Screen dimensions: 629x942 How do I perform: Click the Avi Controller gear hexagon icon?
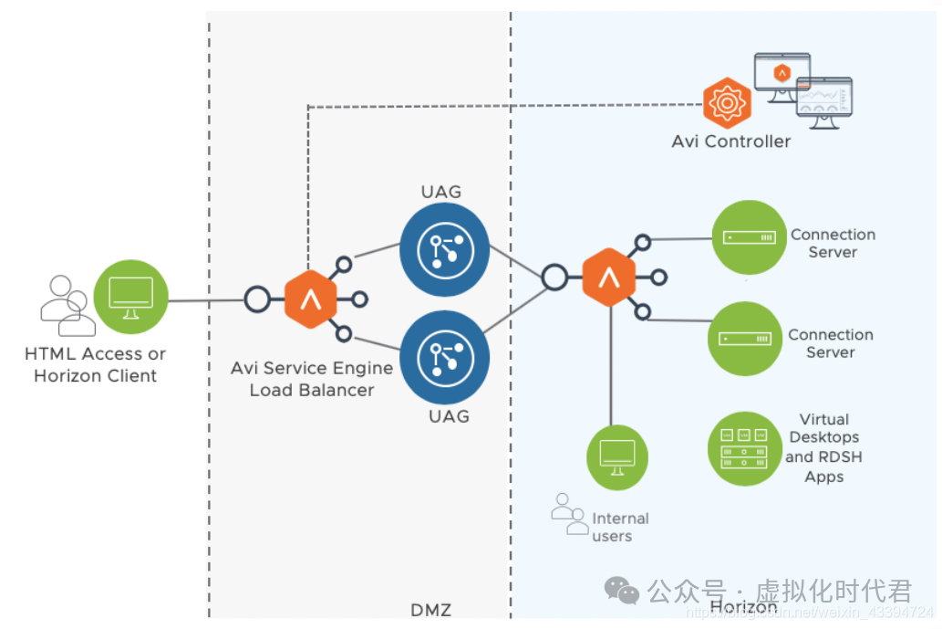727,102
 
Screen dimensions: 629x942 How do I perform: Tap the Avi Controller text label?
731,142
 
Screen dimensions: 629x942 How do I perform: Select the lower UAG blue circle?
443,356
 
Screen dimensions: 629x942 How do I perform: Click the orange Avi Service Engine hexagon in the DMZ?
310,299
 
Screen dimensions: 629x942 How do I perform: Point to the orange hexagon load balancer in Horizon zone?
608,278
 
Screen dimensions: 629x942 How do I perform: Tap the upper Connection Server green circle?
748,237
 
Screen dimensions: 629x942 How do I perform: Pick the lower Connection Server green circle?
746,339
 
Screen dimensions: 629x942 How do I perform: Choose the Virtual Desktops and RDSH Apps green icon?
744,447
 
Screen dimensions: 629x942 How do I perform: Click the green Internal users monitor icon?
616,456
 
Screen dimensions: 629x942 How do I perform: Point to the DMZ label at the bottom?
431,610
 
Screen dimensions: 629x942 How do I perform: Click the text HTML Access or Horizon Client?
96,364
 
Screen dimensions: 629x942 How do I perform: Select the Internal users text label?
620,527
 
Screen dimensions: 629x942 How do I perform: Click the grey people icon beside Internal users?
569,514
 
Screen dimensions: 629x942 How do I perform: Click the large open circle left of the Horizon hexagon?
554,278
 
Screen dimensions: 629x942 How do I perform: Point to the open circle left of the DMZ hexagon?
257,299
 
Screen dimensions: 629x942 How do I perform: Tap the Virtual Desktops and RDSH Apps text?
823,447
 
